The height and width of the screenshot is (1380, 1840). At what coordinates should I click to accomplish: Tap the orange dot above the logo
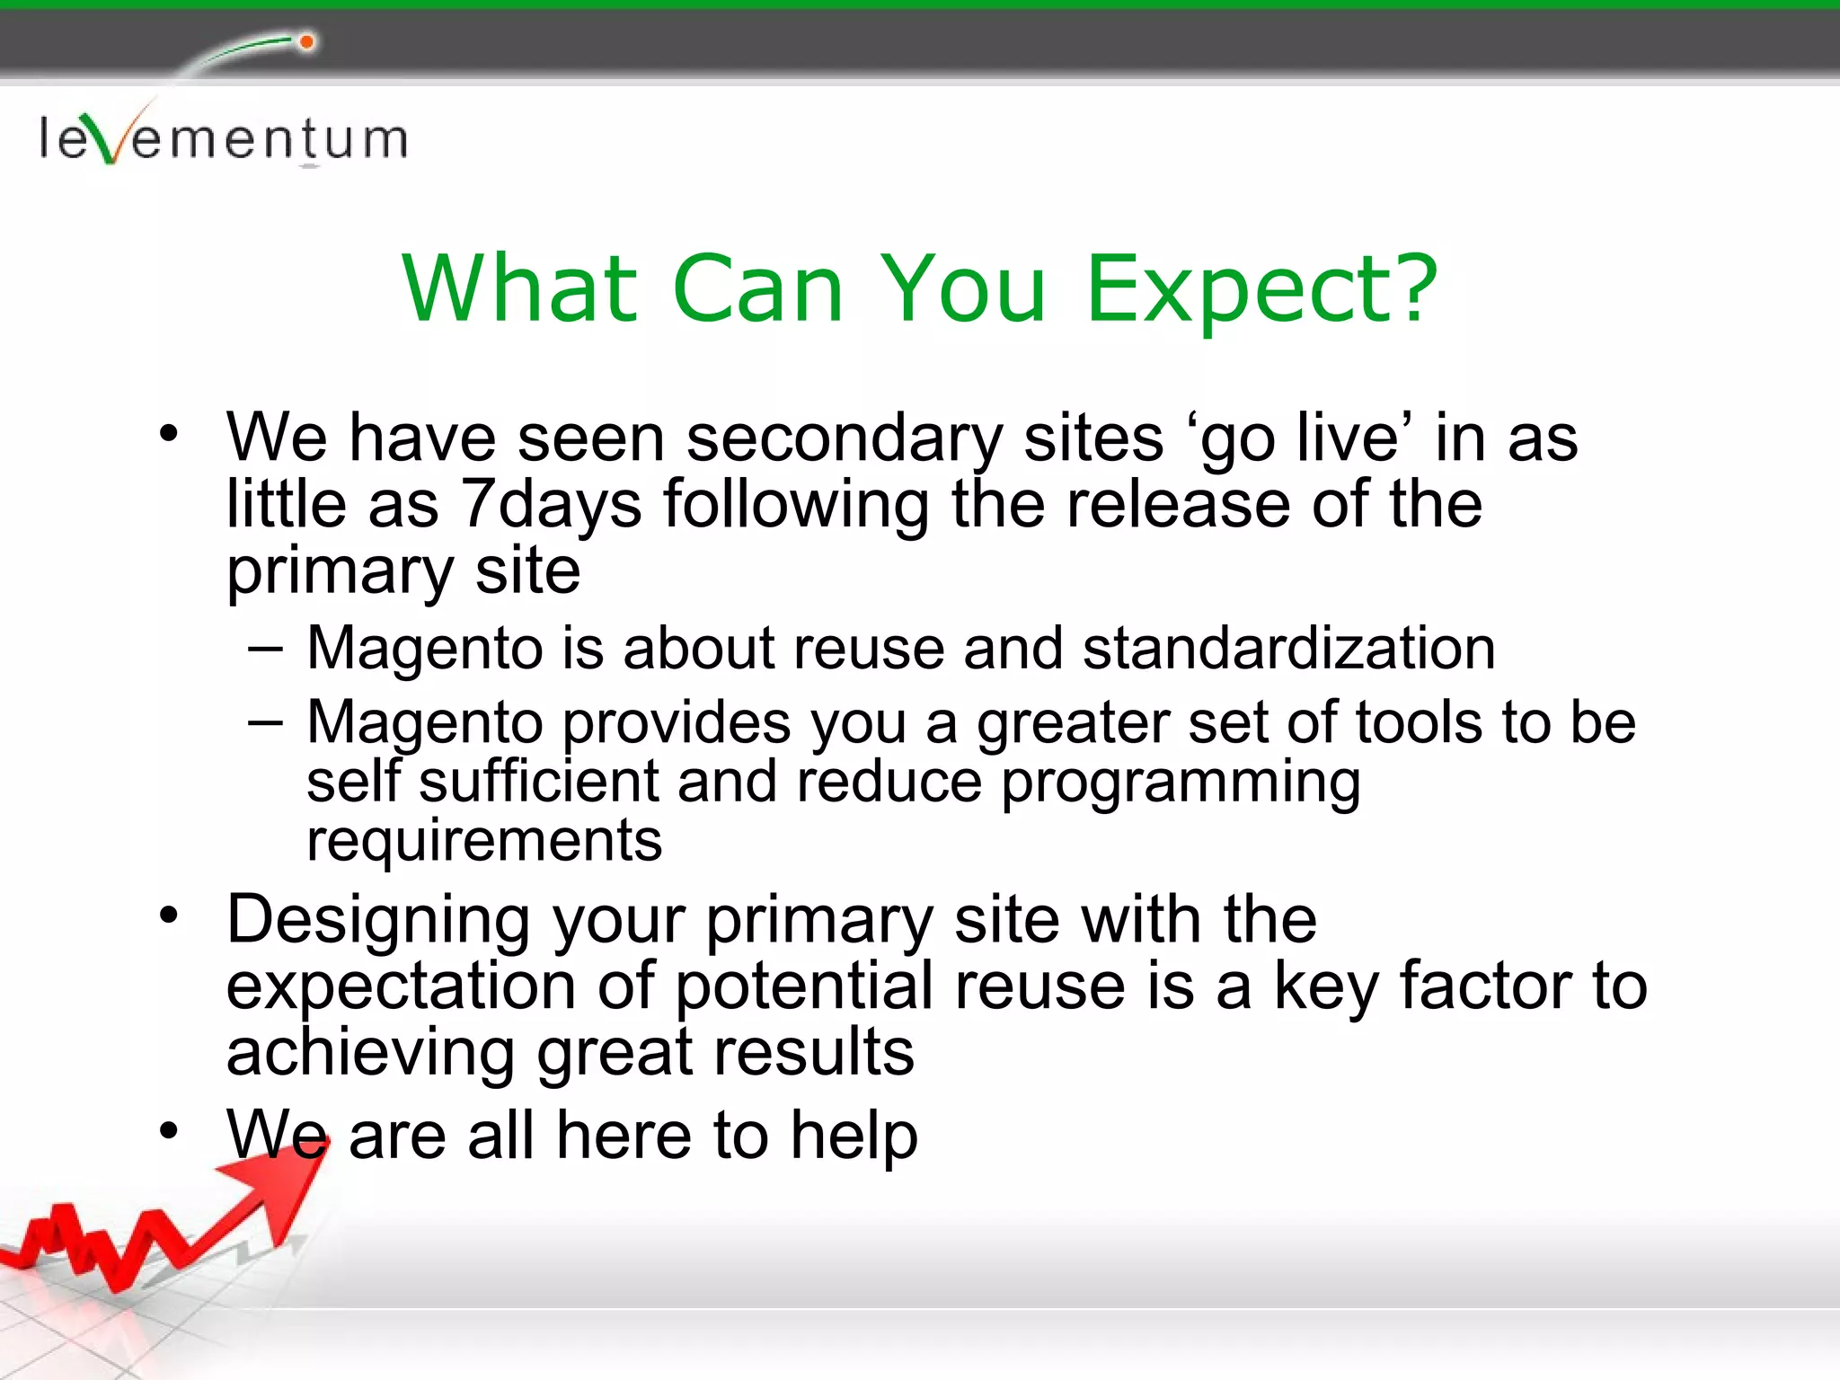pos(306,42)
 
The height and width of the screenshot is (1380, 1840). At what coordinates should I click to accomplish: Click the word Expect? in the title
pos(1261,289)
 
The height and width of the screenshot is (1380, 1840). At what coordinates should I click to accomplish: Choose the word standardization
pos(1288,649)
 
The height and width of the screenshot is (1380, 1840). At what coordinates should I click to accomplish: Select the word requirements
pos(484,841)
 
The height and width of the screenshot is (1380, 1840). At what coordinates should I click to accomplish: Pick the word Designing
pos(378,922)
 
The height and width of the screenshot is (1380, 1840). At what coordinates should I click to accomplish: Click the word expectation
pos(401,987)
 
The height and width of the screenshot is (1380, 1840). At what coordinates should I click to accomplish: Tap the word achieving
pos(370,1053)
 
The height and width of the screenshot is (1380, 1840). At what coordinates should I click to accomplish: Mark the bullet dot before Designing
pos(169,916)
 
